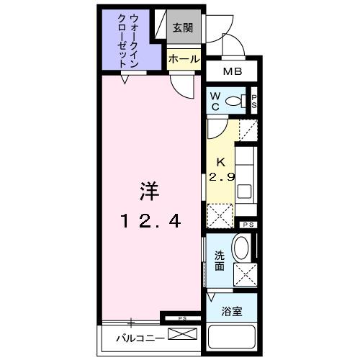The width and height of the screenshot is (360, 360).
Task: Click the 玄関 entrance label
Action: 183,28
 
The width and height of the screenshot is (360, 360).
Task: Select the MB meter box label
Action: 232,72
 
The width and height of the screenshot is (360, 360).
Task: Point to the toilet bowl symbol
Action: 234,102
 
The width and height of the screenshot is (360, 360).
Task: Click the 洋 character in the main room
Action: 148,192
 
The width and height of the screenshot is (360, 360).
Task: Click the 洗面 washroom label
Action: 219,261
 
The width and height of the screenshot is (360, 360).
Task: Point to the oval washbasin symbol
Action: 242,249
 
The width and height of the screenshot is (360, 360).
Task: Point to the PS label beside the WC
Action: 253,101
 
